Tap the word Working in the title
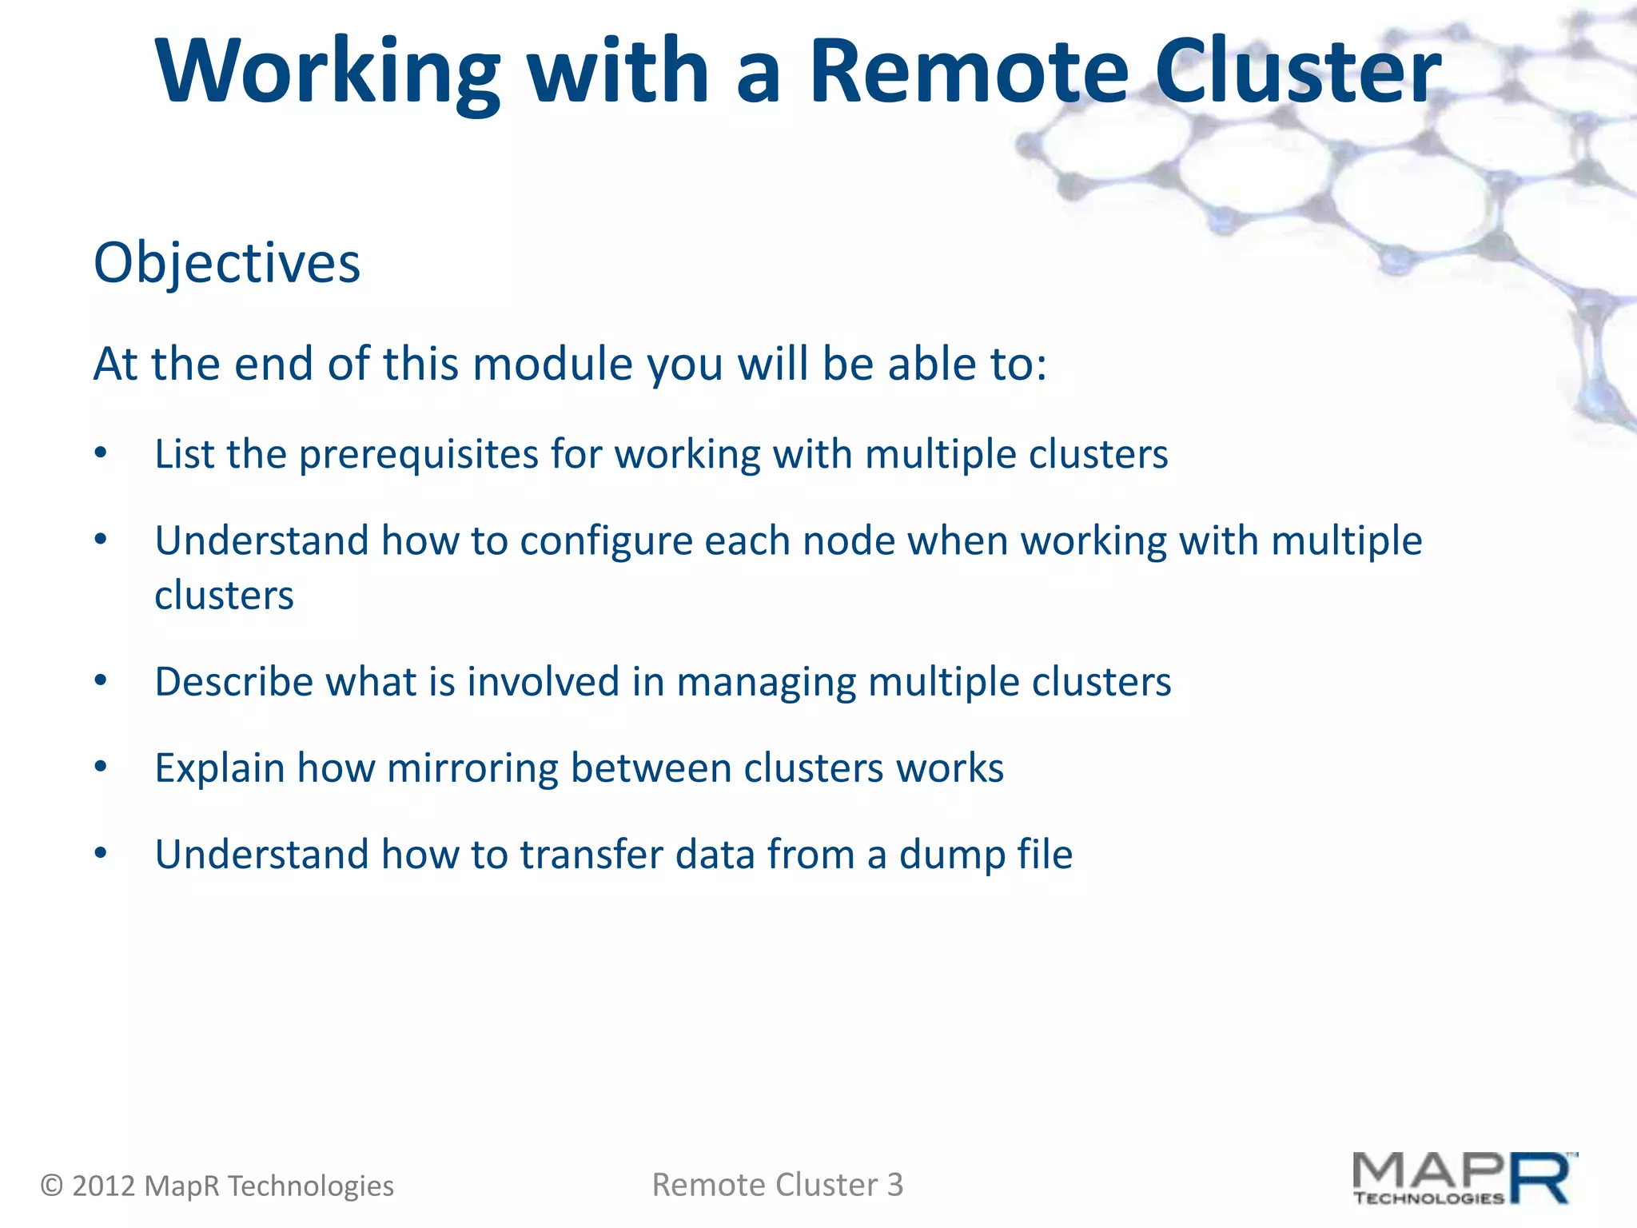click(328, 72)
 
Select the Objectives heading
click(227, 263)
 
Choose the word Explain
click(220, 769)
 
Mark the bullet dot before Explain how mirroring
click(100, 767)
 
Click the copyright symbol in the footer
click(52, 1186)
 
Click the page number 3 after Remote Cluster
click(895, 1185)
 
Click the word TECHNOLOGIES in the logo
click(1428, 1198)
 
